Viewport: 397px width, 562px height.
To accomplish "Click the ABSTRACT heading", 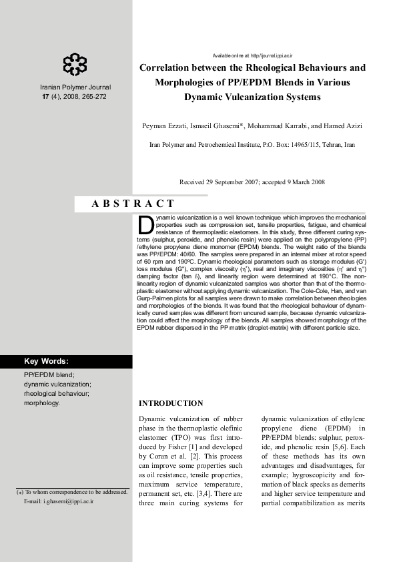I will [133, 204].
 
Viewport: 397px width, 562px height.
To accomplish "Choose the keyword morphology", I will [41, 403].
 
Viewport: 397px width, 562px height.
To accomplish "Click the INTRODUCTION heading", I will [170, 403].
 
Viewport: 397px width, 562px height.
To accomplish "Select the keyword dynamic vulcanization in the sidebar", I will [57, 384].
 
